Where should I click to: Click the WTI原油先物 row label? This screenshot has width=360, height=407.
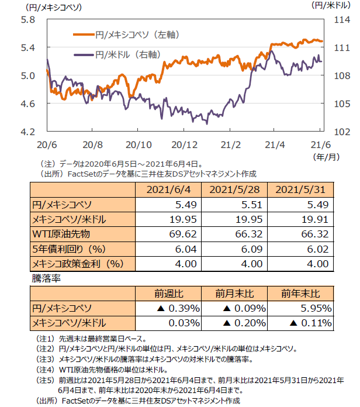[62, 234]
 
